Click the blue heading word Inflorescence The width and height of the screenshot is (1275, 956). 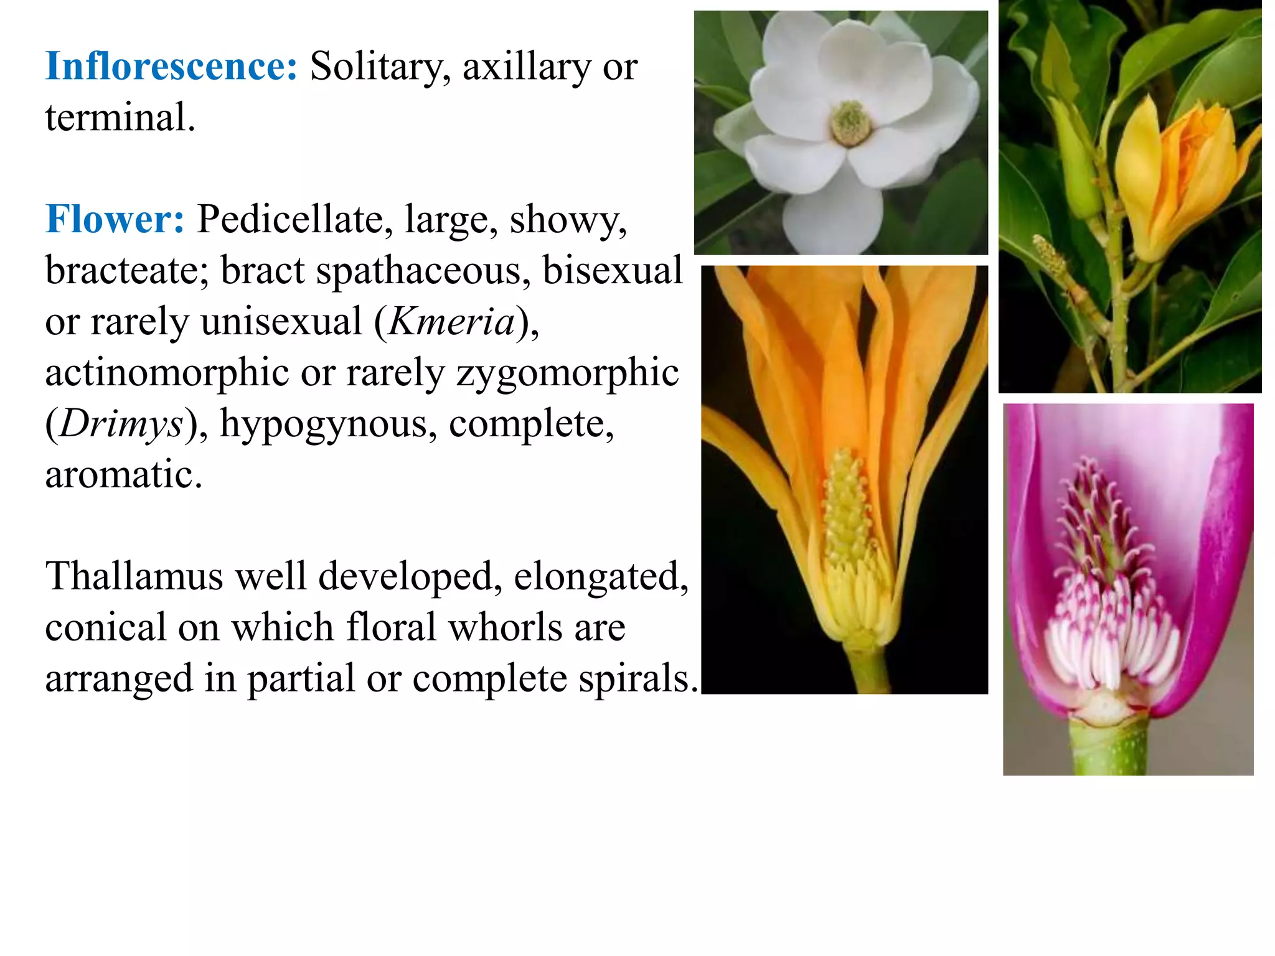(171, 67)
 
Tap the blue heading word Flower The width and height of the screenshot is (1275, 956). (115, 220)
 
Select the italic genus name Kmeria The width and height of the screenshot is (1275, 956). (452, 322)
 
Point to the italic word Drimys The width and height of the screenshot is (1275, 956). (121, 424)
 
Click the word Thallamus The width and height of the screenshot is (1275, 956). (134, 576)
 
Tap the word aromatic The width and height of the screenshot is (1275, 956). (123, 475)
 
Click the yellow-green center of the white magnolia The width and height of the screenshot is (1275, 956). (850, 123)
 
